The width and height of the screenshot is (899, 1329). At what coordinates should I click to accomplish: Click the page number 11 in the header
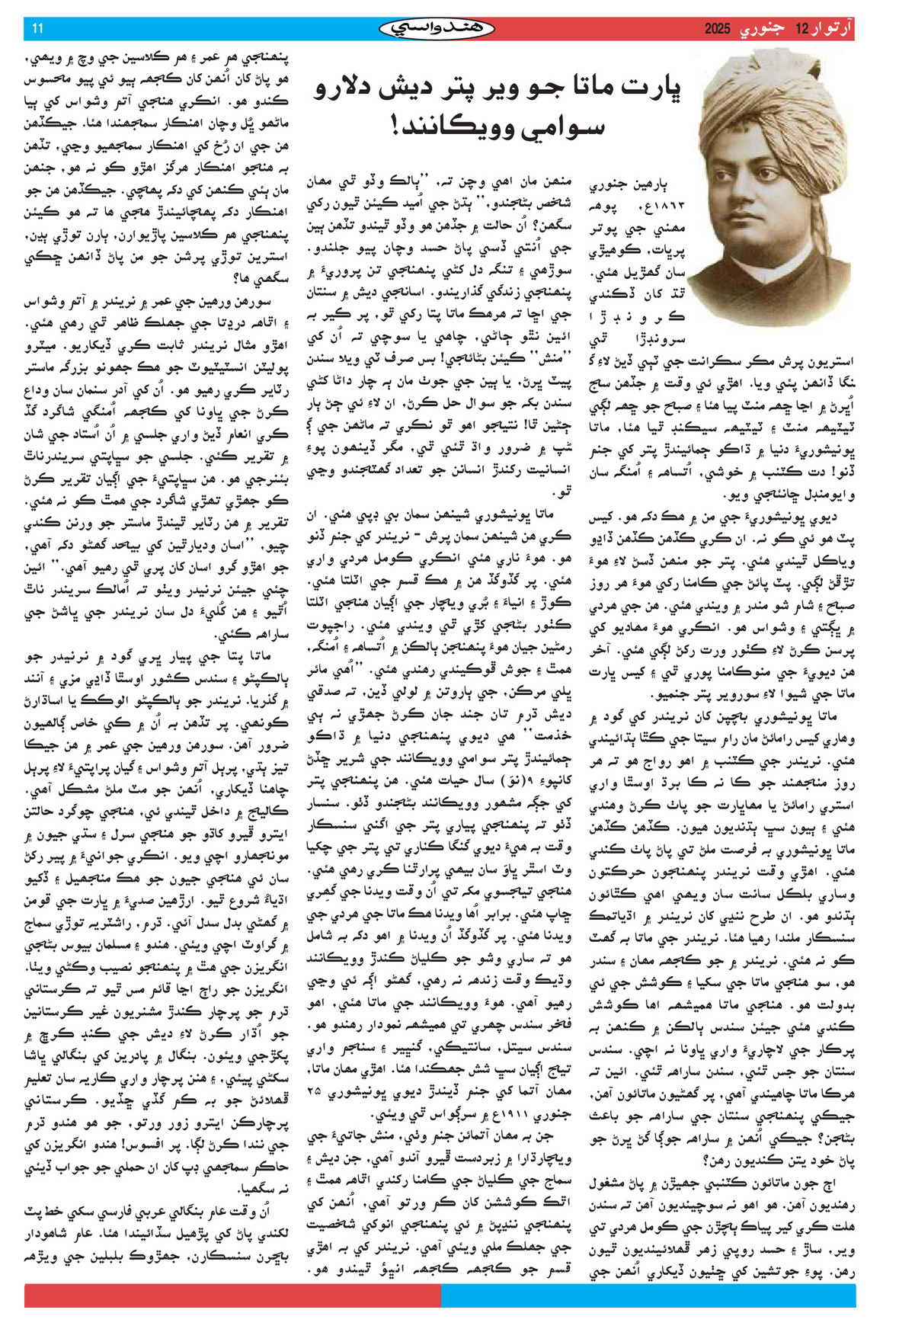(x=38, y=29)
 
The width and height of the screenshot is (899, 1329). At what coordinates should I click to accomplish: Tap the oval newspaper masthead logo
(x=437, y=29)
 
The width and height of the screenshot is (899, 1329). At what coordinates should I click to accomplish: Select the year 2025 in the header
(x=717, y=29)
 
